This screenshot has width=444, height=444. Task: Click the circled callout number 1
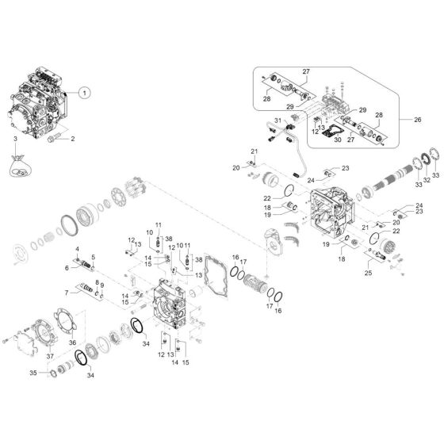[x=84, y=93]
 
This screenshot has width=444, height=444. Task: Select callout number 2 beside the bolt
[x=73, y=139]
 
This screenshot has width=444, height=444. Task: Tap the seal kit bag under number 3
[x=20, y=166]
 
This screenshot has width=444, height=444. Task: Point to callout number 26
[x=418, y=120]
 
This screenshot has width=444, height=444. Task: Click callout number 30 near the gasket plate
[x=338, y=140]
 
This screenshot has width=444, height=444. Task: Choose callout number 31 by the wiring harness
[x=277, y=121]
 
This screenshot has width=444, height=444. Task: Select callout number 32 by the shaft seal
[x=427, y=180]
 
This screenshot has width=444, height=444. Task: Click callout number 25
[x=368, y=273]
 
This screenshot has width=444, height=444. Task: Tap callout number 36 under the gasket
[x=72, y=343]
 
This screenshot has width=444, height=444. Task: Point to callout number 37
[x=50, y=356]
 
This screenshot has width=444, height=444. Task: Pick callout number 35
[x=33, y=373]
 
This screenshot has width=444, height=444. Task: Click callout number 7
[x=67, y=293]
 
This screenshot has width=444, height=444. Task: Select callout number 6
[x=67, y=268]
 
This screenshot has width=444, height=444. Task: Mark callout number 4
[x=77, y=249]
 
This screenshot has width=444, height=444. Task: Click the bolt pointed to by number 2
[x=55, y=138]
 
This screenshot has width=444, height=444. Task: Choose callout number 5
[x=94, y=258]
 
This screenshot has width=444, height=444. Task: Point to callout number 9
[x=102, y=285]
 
